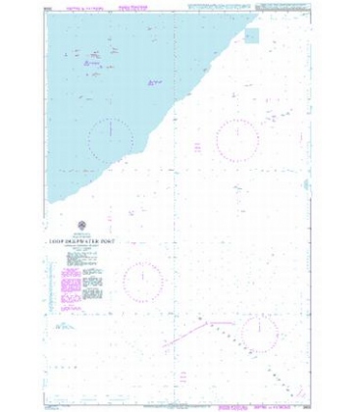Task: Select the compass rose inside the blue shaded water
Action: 110,129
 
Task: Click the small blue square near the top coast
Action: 252,36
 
